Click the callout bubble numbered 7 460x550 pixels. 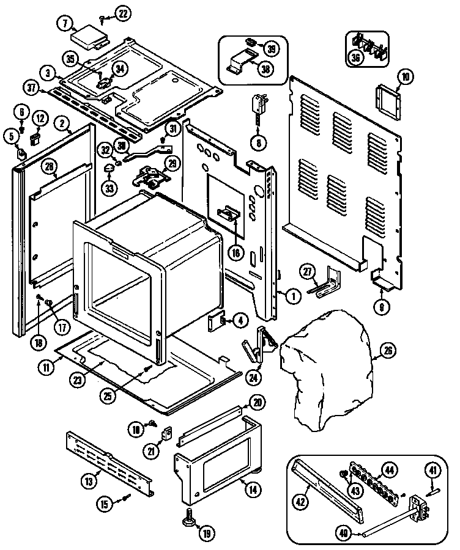point(64,24)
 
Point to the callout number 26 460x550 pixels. point(389,351)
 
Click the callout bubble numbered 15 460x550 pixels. point(104,504)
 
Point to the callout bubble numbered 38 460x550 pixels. point(265,69)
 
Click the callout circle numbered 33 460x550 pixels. point(109,188)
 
